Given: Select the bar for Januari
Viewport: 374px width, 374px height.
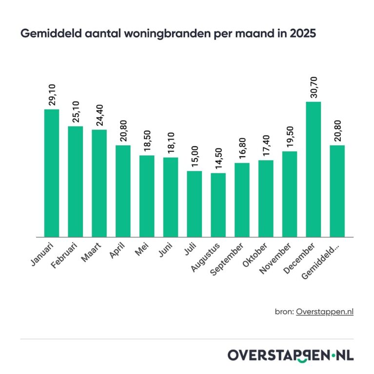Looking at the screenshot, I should click(51, 173).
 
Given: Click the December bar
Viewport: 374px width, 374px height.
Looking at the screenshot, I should click(313, 169).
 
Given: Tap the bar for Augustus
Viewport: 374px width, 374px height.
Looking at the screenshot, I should click(218, 205).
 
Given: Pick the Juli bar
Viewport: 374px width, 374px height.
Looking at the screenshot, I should click(194, 204).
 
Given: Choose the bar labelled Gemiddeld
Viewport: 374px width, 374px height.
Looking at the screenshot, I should click(337, 191).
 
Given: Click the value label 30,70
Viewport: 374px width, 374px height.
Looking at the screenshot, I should click(314, 85).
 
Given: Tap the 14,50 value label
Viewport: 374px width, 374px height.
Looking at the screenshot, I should click(218, 156).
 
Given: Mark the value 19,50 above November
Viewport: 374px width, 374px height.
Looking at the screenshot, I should click(290, 135).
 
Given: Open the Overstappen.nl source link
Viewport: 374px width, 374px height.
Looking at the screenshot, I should click(324, 312).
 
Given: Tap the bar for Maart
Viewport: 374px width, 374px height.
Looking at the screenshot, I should click(99, 183).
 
